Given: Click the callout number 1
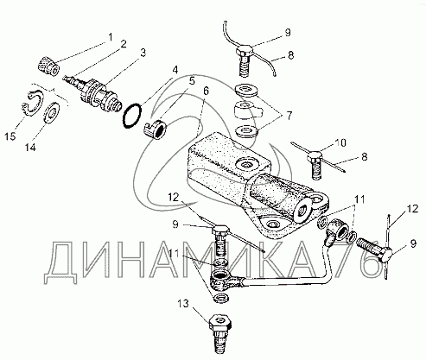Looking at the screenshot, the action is click(x=110, y=37).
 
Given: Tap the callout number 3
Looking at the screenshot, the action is click(x=143, y=53).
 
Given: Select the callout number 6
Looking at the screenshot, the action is click(x=206, y=92).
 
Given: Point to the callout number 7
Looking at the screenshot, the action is click(x=289, y=116).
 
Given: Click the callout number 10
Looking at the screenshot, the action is click(x=340, y=142).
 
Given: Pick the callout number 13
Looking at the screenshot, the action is click(x=183, y=304).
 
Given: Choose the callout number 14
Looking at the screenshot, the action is click(x=30, y=148).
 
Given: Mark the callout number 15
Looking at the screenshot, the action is click(x=10, y=136).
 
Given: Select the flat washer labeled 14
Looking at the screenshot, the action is click(x=52, y=111).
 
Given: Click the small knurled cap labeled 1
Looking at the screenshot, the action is click(x=48, y=66).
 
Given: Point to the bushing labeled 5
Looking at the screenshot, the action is click(x=156, y=130).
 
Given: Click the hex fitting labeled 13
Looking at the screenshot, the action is click(x=220, y=334).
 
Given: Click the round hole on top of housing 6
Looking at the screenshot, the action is click(x=245, y=165).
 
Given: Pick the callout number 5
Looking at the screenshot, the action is click(x=192, y=81).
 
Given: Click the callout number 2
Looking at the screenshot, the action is click(x=124, y=44).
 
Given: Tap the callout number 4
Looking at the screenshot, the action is click(x=175, y=70).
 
